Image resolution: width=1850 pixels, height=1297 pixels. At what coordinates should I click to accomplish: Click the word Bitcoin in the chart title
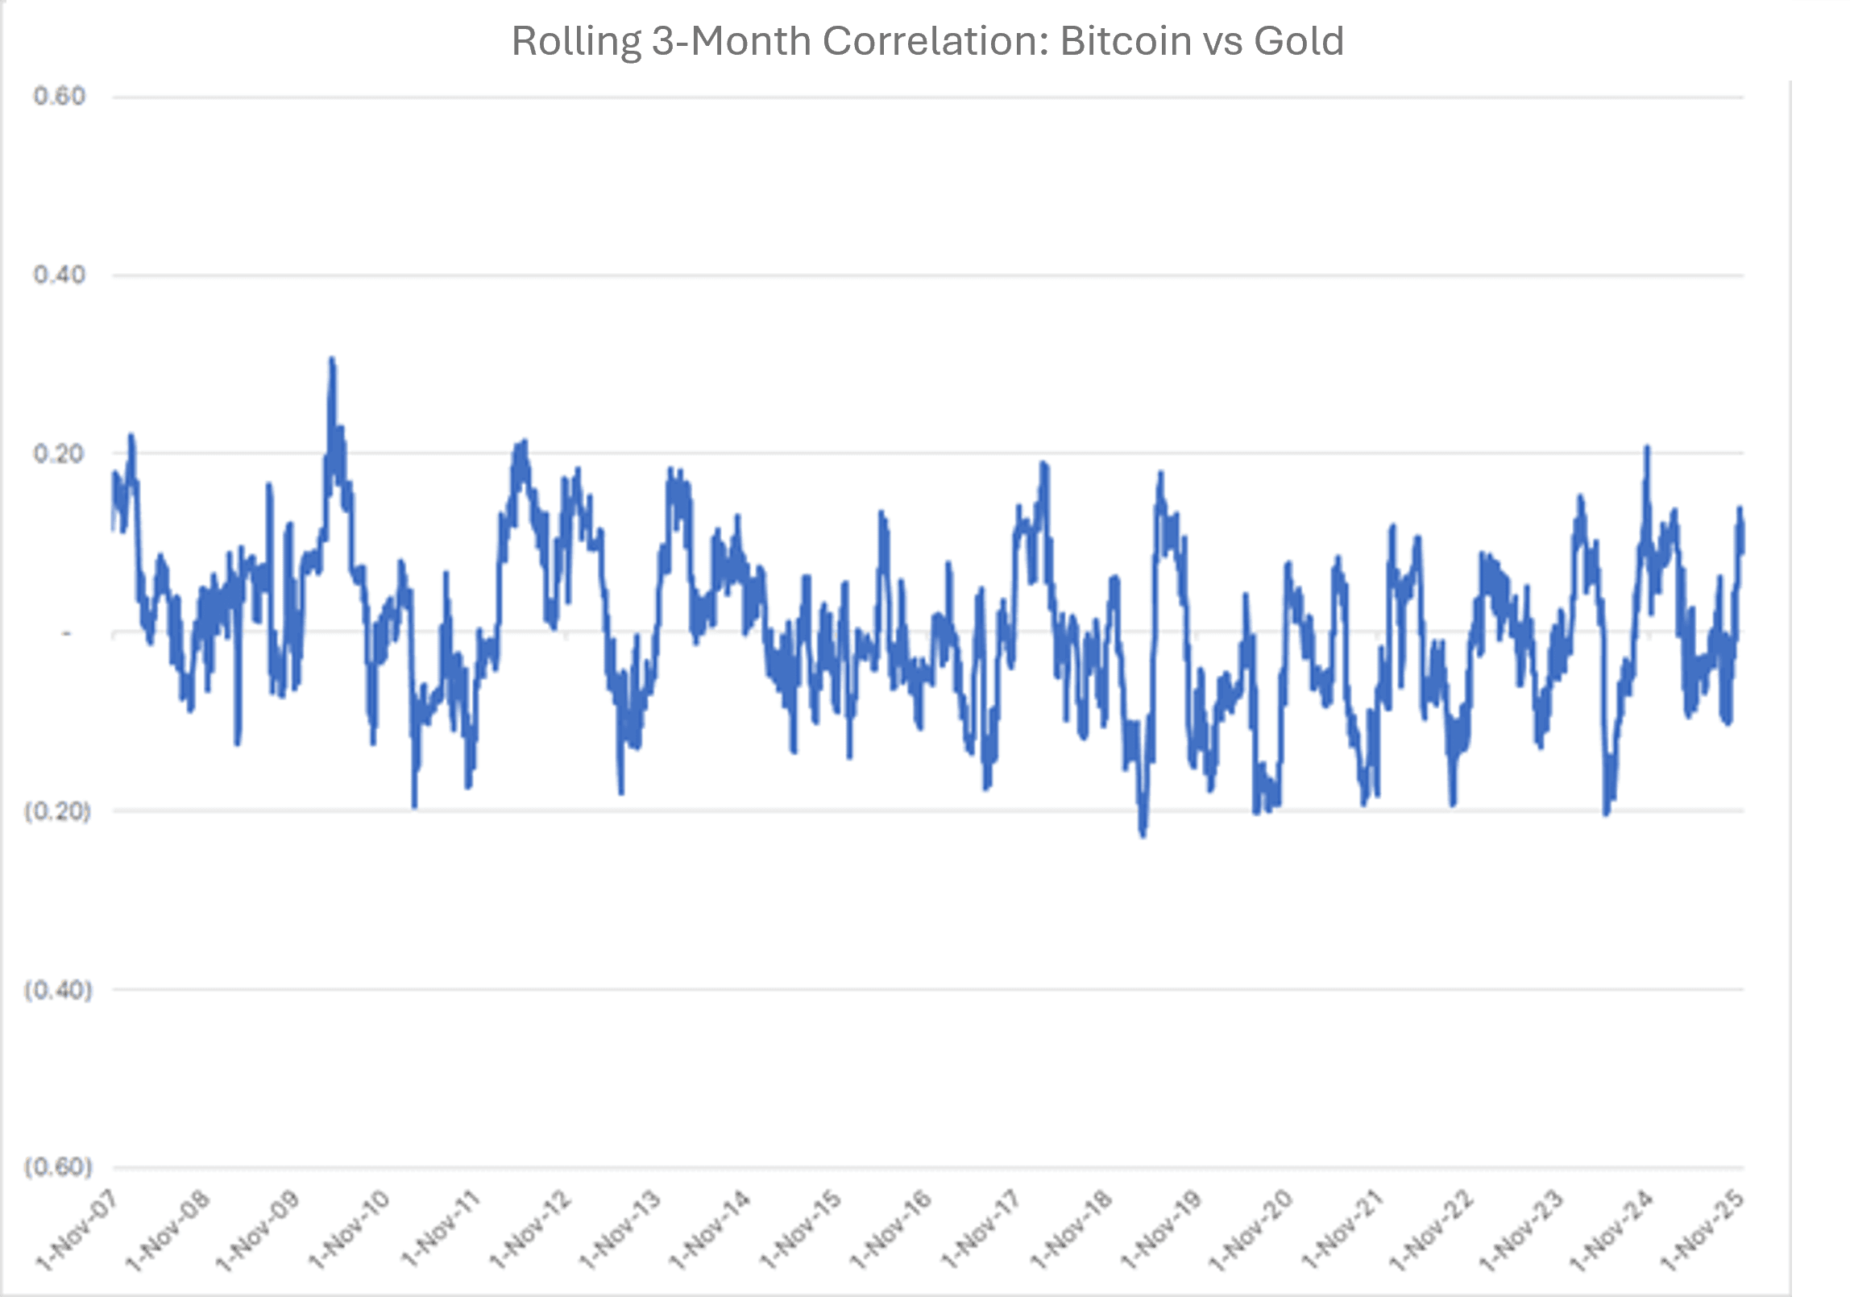coord(1124,41)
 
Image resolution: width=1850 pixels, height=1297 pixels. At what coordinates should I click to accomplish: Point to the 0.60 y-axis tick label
coord(59,97)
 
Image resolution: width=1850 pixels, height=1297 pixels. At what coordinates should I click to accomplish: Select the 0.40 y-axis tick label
coord(59,276)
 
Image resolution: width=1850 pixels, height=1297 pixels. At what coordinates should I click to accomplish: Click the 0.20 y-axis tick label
coord(59,454)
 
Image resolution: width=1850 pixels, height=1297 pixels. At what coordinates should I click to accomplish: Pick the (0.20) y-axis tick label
coord(57,811)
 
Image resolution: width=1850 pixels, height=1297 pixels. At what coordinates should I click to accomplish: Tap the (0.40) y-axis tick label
coord(57,989)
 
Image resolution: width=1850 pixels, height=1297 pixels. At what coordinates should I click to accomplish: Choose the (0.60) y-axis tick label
coord(57,1167)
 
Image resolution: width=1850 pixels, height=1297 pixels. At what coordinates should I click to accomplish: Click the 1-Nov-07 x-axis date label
coord(77,1231)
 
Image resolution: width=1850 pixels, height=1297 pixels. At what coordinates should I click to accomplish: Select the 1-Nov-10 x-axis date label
coord(349,1231)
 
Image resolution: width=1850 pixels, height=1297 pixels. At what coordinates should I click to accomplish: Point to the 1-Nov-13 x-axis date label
coord(620,1231)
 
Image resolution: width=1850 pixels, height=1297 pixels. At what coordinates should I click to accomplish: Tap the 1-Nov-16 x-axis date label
coord(891,1231)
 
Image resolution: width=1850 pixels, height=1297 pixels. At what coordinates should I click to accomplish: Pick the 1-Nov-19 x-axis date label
coord(1162,1231)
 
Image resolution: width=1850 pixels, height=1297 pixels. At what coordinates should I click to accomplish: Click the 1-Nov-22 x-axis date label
coord(1434,1231)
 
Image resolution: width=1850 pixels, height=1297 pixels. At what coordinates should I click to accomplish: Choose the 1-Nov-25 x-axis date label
coord(1703,1231)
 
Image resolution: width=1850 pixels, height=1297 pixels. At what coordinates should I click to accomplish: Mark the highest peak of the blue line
coord(331,359)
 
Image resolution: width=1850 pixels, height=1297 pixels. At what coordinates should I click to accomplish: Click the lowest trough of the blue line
coord(1143,835)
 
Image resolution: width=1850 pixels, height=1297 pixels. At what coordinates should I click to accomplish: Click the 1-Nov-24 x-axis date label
coord(1613,1231)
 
